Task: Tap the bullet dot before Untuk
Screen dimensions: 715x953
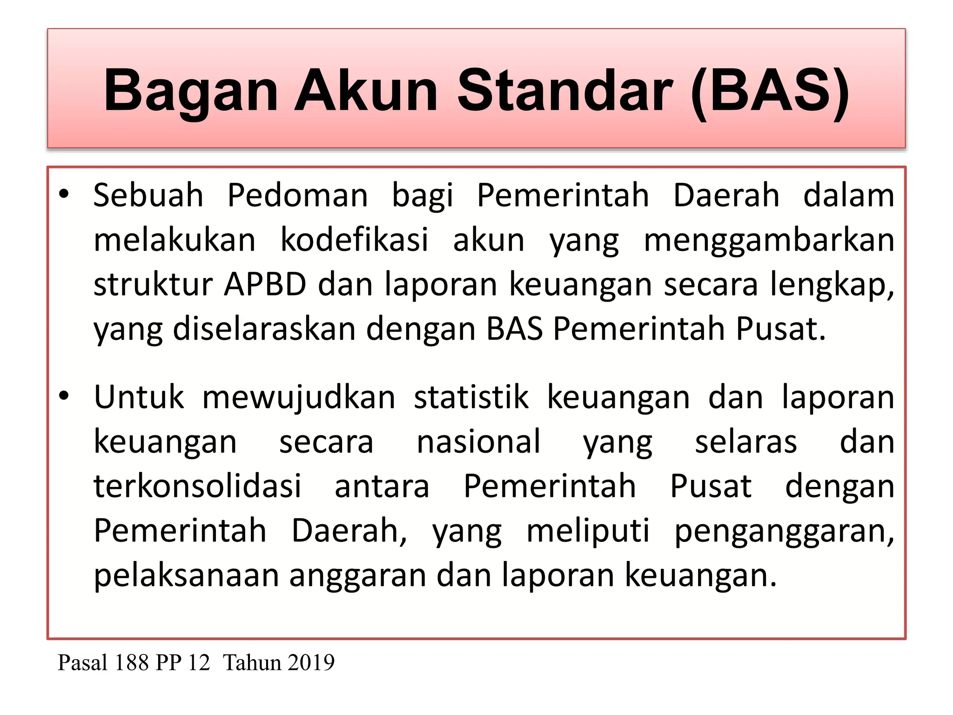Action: tap(64, 396)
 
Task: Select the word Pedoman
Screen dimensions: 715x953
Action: tap(297, 195)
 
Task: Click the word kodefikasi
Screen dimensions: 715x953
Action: tap(354, 240)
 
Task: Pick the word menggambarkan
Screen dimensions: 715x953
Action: tap(769, 241)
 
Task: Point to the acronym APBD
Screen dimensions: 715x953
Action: tap(265, 284)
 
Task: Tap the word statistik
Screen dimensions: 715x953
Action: tap(471, 397)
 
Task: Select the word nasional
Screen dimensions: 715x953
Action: tap(478, 441)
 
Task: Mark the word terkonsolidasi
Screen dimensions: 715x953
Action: tap(198, 486)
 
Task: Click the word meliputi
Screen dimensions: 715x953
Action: tap(588, 531)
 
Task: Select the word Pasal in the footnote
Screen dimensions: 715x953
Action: tap(83, 662)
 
